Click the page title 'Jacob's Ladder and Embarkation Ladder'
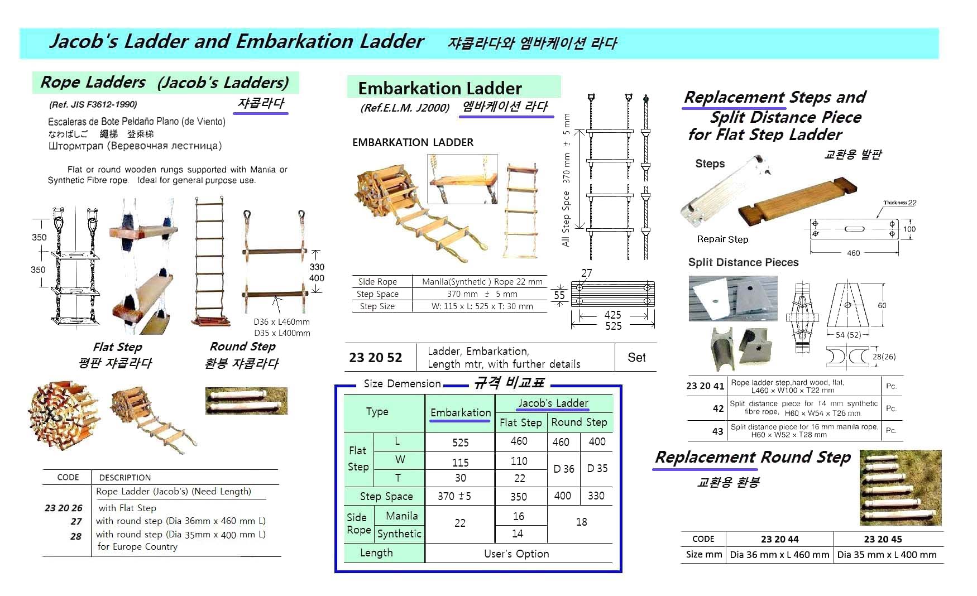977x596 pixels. pos(237,42)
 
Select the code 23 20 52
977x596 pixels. pos(375,358)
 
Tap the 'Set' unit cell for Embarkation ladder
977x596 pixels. pos(636,357)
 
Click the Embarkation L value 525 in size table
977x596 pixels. pos(460,443)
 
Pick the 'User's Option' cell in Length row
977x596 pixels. pos(516,554)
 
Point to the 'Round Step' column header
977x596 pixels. pos(579,422)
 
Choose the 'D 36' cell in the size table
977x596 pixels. pos(564,469)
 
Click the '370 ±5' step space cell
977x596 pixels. pos(454,496)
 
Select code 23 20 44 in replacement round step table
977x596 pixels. pos(779,539)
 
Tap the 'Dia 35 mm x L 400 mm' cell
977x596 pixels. pos(887,555)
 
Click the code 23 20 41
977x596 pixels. pos(705,386)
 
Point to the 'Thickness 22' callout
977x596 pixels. pos(899,203)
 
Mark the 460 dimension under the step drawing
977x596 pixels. pos(853,253)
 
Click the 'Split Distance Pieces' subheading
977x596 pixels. pos(743,262)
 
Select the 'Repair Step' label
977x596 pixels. pos(722,239)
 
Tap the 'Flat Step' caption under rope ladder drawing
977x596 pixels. pos(117,347)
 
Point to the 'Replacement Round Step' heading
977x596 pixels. pos(753,458)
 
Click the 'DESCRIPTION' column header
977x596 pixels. pos(125,478)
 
